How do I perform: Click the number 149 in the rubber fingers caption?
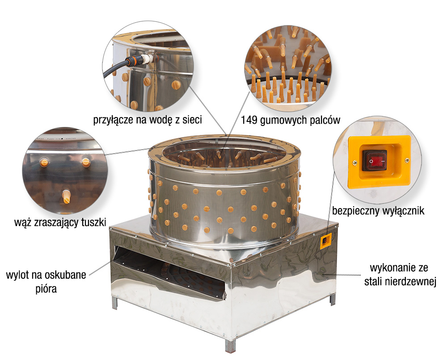249,120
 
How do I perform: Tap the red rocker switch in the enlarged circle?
375,160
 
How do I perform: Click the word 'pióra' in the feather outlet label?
46,289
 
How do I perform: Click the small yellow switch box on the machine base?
326,241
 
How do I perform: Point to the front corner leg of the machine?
230,345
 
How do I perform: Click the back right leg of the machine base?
333,300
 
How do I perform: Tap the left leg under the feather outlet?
114,302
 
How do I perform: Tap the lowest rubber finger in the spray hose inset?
67,196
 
